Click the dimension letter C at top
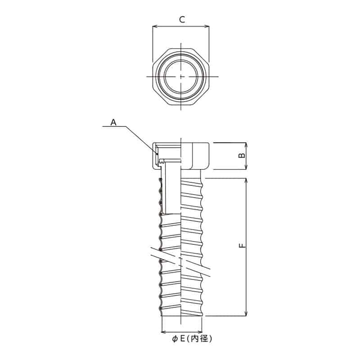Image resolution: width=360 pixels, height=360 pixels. point(181,19)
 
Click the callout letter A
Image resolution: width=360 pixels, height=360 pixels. point(113,121)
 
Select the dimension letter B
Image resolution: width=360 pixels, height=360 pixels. point(241,156)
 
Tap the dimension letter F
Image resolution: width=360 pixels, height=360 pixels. point(241,246)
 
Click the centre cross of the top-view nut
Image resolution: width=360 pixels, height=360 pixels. point(181,77)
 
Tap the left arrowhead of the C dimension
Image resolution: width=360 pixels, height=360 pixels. point(154,27)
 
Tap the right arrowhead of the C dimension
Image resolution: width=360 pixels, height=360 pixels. point(208,27)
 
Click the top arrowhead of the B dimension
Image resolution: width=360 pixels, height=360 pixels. point(246,145)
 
